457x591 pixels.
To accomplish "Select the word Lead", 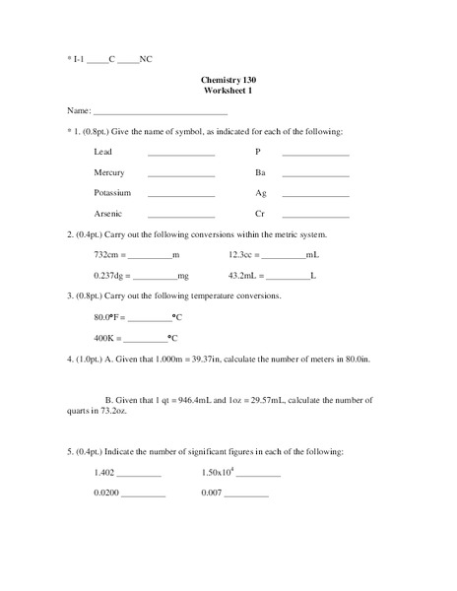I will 103,152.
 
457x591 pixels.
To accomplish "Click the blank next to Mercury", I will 181,172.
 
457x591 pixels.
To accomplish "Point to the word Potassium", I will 112,193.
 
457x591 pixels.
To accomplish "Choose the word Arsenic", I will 108,214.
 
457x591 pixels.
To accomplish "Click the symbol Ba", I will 260,172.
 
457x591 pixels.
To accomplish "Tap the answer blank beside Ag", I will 315,193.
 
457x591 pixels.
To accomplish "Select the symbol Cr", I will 260,214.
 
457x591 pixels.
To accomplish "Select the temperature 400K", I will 104,337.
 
